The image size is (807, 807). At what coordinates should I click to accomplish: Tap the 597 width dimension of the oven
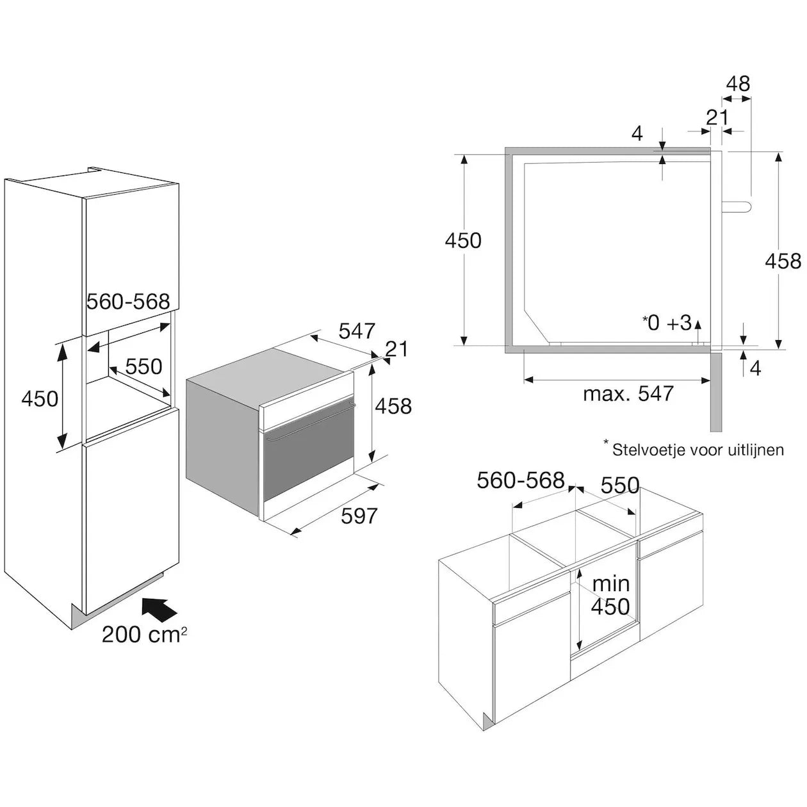click(359, 516)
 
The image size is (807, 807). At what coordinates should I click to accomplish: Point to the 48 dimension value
click(738, 84)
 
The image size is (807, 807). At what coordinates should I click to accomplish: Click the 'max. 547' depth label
click(628, 393)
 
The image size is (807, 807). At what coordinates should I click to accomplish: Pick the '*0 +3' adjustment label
click(667, 323)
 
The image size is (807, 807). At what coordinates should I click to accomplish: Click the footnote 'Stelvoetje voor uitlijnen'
click(697, 450)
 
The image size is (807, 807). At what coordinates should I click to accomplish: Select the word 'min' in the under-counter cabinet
click(610, 583)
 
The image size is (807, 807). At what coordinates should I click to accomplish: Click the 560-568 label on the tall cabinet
click(128, 301)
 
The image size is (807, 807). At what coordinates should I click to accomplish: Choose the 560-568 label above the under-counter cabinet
click(521, 480)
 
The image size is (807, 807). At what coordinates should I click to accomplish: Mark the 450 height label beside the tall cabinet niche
click(40, 398)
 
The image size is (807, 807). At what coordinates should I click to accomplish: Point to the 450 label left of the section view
click(463, 240)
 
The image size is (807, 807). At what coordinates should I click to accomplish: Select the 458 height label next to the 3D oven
click(393, 405)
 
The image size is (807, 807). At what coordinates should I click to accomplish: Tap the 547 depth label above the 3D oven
click(357, 330)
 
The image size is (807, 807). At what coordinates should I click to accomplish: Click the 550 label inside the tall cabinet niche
click(143, 366)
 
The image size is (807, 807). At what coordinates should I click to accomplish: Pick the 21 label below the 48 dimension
click(717, 117)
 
